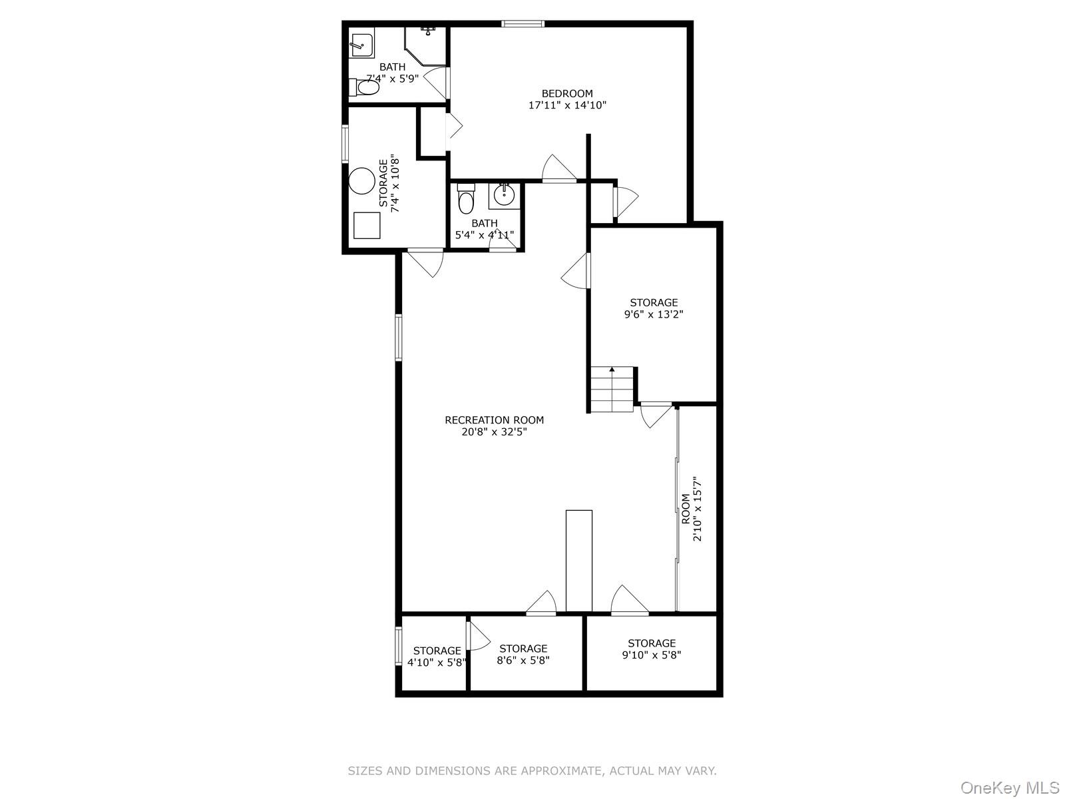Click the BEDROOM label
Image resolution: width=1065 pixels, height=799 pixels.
click(x=566, y=94)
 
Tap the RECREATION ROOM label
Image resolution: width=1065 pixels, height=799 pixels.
click(x=494, y=420)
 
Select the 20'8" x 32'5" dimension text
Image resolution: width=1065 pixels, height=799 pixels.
click(x=494, y=431)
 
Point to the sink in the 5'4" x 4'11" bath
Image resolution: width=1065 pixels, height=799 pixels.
click(x=504, y=196)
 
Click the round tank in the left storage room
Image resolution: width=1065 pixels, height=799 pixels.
click(x=363, y=180)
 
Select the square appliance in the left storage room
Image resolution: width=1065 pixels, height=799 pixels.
click(x=367, y=225)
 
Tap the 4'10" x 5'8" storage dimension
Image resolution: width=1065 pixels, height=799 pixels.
click(x=437, y=663)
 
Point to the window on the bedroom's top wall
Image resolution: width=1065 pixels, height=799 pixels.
click(x=523, y=24)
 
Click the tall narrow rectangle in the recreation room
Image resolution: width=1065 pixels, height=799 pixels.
click(x=578, y=561)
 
